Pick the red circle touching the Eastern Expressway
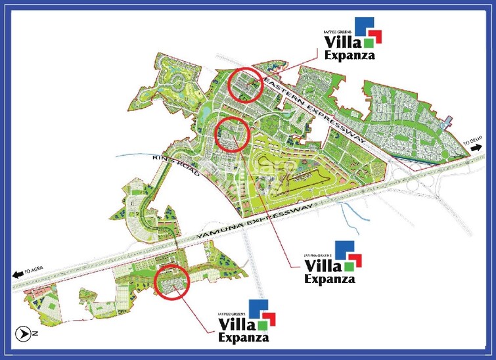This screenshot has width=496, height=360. tap(245, 85)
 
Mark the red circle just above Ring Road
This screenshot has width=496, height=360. tap(232, 134)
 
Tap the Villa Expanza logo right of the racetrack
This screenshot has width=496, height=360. tap(330, 262)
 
